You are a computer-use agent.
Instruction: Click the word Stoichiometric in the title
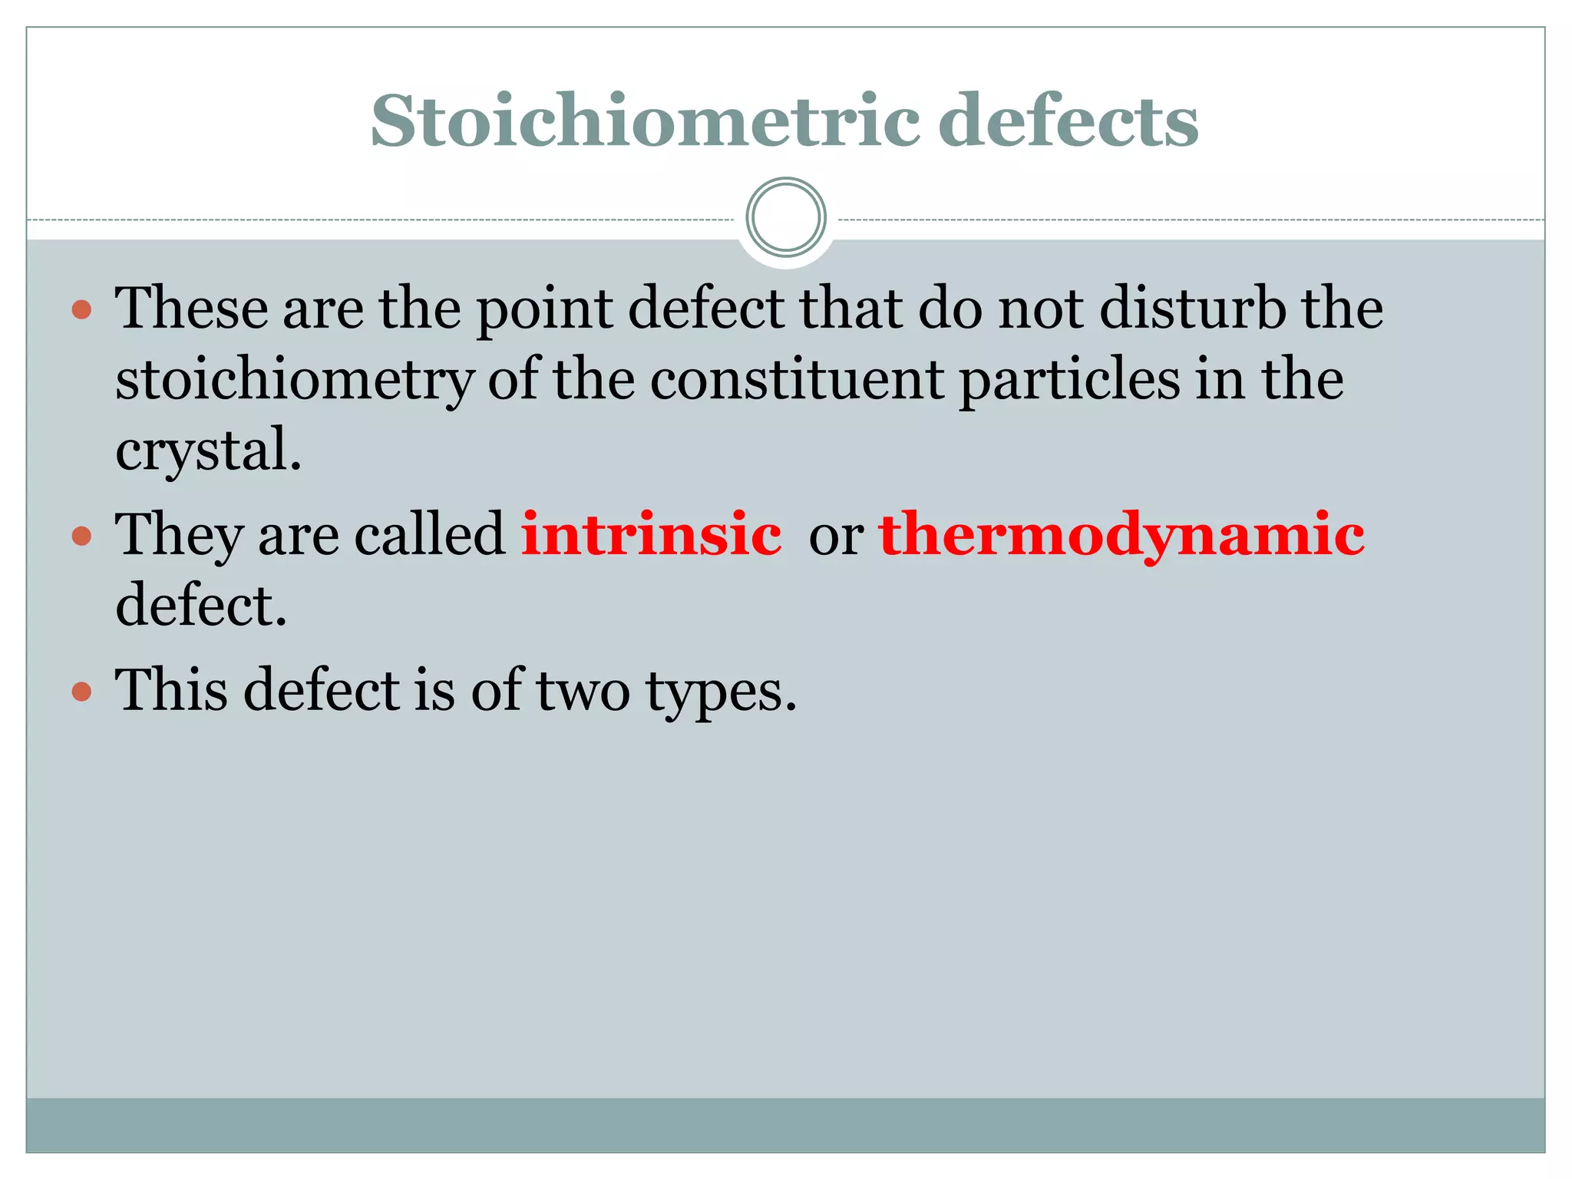coord(645,121)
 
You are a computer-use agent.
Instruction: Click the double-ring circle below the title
coord(786,217)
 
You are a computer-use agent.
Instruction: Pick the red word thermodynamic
coord(1121,535)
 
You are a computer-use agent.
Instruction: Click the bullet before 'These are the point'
coord(81,310)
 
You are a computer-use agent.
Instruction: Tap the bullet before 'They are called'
coord(81,536)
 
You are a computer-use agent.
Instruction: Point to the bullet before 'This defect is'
coord(81,692)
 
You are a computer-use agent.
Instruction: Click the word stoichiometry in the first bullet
coord(295,381)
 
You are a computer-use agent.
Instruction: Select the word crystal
coord(207,451)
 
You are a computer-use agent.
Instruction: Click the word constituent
coord(797,380)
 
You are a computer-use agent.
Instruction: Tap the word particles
coord(1069,381)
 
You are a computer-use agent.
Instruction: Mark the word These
coord(191,309)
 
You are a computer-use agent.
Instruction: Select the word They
coord(178,535)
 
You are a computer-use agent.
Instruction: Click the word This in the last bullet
coord(171,689)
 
